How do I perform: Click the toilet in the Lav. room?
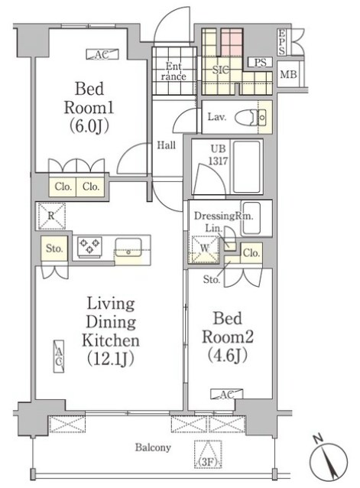pyautogui.click(x=251, y=117)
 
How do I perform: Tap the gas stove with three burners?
pyautogui.click(x=89, y=246)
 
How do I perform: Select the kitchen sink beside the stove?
pyautogui.click(x=128, y=247)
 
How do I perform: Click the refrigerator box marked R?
pyautogui.click(x=52, y=216)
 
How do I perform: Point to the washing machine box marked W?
pyautogui.click(x=205, y=249)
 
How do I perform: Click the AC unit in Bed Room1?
pyautogui.click(x=102, y=54)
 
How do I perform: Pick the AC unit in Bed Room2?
pyautogui.click(x=227, y=394)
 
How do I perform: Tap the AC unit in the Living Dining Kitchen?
pyautogui.click(x=59, y=356)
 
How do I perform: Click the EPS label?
pyautogui.click(x=282, y=42)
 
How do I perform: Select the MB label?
pyautogui.click(x=288, y=74)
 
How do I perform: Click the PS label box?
pyautogui.click(x=260, y=62)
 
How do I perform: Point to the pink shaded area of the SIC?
pyautogui.click(x=232, y=42)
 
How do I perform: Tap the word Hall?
pyautogui.click(x=166, y=145)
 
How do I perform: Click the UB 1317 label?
pyautogui.click(x=219, y=155)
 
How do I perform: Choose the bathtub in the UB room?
pyautogui.click(x=247, y=167)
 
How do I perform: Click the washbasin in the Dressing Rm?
pyautogui.click(x=251, y=218)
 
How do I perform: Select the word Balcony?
pyautogui.click(x=153, y=447)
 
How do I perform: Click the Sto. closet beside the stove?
pyautogui.click(x=54, y=248)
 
